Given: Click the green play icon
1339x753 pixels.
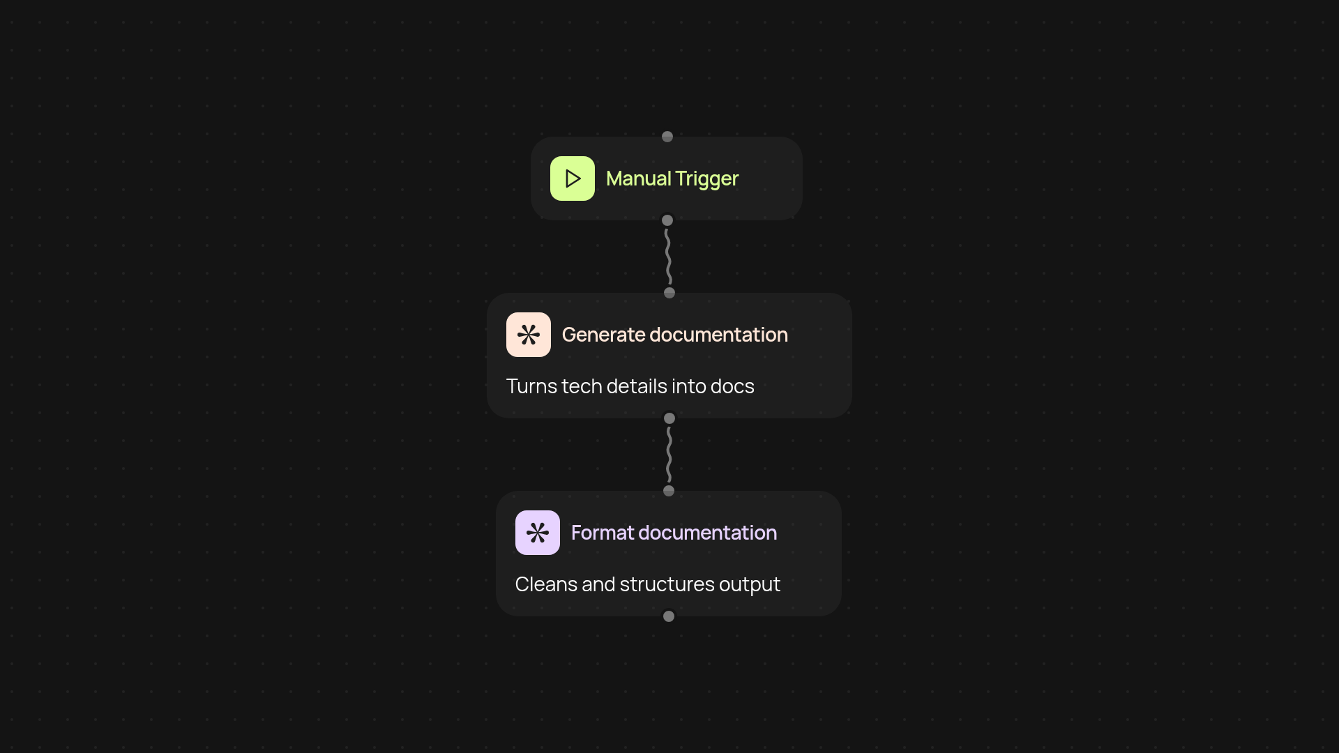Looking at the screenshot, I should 572,178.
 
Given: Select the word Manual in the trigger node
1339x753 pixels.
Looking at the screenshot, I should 638,178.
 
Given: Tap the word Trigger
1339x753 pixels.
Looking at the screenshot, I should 706,179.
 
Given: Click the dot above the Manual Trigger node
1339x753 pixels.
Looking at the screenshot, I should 667,137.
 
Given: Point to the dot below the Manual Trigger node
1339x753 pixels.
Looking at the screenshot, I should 667,220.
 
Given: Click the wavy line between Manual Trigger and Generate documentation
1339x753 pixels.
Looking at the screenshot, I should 668,257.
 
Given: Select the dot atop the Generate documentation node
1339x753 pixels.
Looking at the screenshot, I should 669,293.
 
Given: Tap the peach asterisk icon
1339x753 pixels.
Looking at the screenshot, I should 528,335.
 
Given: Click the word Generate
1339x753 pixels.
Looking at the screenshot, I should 603,335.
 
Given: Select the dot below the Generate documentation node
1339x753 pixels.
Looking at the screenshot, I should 669,418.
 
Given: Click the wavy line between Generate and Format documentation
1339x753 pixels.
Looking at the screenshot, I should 669,455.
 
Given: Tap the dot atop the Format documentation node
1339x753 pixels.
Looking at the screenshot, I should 669,491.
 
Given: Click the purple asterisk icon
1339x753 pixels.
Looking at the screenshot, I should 537,533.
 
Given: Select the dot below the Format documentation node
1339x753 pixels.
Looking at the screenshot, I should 669,616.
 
